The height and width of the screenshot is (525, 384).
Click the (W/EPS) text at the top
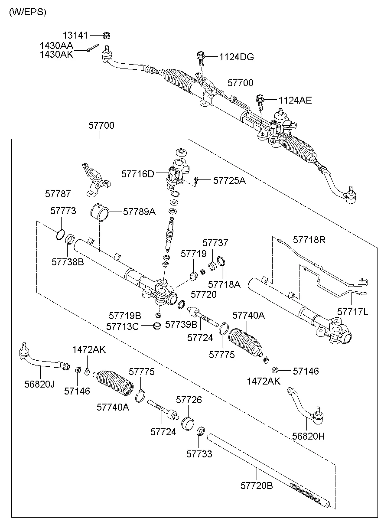27,12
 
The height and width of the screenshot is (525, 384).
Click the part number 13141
75,35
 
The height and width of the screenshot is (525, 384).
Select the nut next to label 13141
105,35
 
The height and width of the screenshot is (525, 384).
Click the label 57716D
138,174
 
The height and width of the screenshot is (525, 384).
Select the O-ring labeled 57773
60,234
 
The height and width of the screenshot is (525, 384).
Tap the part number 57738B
67,262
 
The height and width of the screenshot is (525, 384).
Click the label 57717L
352,311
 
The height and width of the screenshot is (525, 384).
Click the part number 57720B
257,486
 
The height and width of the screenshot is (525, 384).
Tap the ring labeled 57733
201,432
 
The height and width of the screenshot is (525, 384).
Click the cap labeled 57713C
158,325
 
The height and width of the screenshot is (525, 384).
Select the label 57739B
181,324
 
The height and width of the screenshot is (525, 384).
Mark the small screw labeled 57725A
197,180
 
